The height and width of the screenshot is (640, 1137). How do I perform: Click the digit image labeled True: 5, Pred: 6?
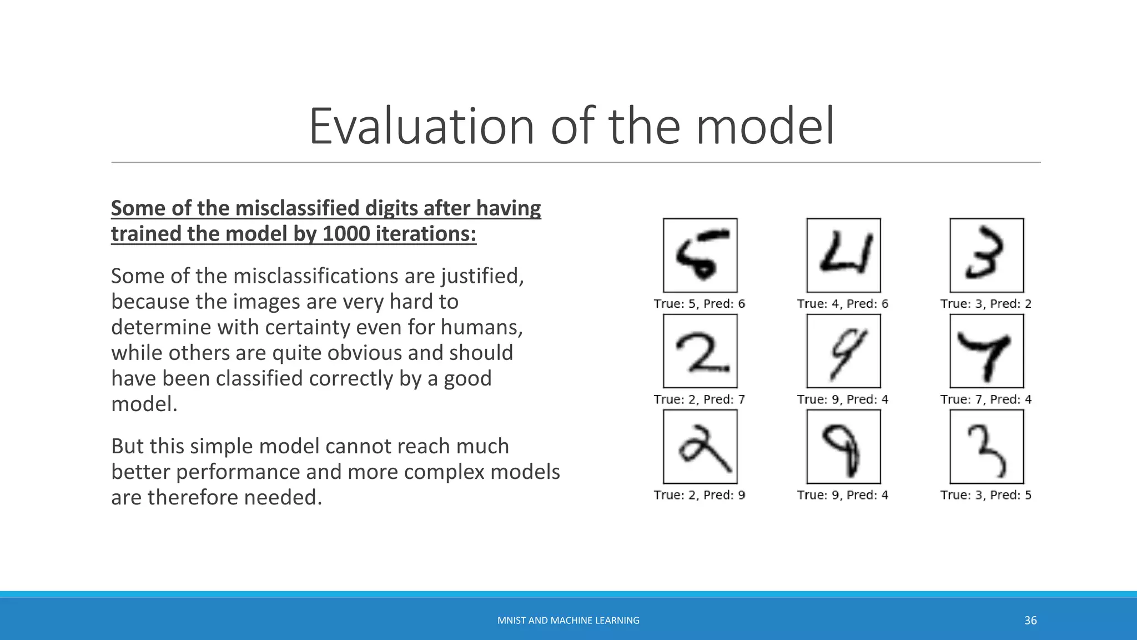coord(700,256)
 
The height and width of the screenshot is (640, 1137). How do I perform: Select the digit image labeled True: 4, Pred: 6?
coord(843,256)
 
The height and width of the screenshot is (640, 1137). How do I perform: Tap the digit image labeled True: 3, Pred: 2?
coord(987,256)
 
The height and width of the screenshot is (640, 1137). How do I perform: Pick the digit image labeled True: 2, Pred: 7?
coord(700,351)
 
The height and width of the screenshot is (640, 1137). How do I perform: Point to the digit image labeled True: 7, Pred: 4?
coord(987,351)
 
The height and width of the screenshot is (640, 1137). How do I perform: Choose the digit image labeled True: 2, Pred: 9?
coord(700,447)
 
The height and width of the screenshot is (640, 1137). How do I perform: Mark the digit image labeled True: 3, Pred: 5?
coord(987,447)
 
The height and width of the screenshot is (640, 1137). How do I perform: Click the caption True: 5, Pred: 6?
coord(700,304)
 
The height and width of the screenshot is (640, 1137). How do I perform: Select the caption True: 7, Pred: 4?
coord(986,399)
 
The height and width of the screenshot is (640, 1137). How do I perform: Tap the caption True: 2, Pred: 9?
coord(700,495)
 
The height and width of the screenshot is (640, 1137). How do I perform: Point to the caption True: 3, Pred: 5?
coord(986,495)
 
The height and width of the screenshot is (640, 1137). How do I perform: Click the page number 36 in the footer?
coord(1030,621)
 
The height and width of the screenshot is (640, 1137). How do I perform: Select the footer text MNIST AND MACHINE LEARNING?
coord(568,621)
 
